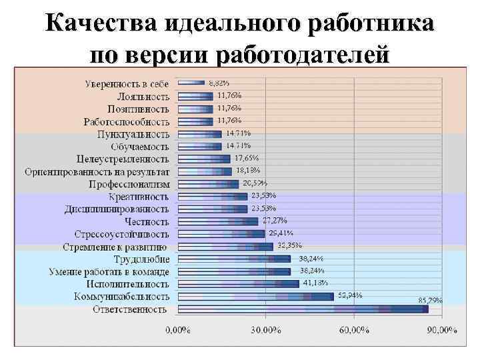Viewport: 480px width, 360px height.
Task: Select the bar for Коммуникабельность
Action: click(x=255, y=296)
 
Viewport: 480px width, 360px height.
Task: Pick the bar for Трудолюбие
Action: click(x=233, y=259)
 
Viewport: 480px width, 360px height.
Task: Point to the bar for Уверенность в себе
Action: click(x=189, y=83)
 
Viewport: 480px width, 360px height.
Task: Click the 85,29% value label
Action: click(x=430, y=301)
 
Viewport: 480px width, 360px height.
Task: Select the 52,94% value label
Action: click(x=350, y=295)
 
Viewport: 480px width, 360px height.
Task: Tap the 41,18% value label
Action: click(x=316, y=283)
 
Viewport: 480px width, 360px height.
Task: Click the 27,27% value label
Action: click(x=275, y=220)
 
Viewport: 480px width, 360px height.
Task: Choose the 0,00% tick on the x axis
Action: click(x=177, y=330)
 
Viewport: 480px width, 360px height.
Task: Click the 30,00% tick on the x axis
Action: click(x=266, y=330)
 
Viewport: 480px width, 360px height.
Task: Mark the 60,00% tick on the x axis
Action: click(x=354, y=330)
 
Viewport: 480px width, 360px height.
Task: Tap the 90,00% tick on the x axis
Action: click(x=442, y=330)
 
